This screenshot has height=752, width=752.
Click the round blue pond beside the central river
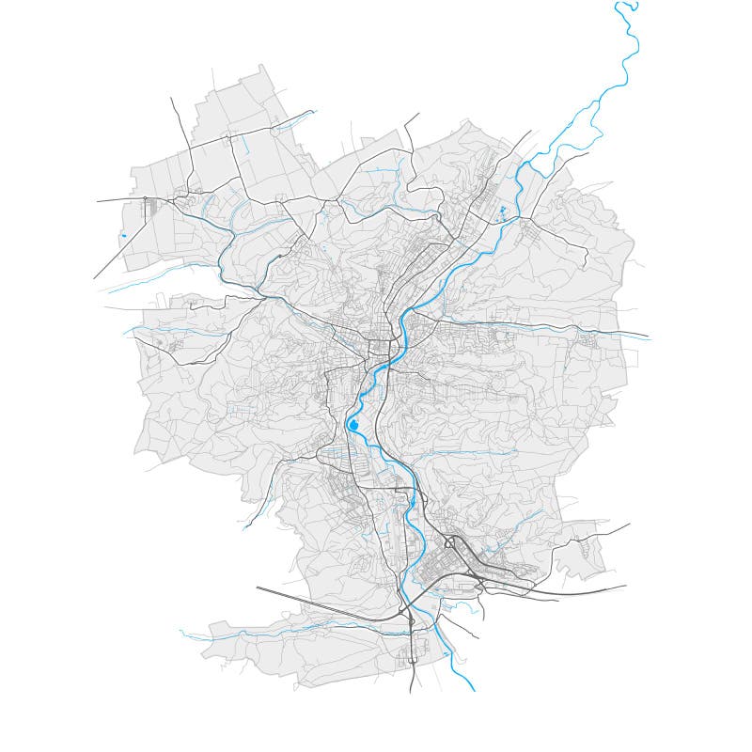coord(353,426)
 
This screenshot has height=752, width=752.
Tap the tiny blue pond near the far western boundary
coord(123,234)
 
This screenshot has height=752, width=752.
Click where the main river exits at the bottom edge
coord(473,691)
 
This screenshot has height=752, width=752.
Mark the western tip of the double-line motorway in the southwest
coord(257,588)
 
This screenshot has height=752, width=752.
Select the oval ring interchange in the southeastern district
coord(450,542)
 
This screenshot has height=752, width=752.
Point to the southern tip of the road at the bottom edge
coord(411,693)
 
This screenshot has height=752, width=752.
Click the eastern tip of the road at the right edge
coord(649,337)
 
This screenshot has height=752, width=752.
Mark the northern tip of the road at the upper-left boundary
coord(171,98)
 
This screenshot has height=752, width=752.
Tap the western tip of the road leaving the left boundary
coord(96,201)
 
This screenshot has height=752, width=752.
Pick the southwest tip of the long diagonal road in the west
coord(94,278)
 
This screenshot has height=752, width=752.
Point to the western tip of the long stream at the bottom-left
coord(180,633)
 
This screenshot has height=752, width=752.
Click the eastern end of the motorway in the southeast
coord(626,586)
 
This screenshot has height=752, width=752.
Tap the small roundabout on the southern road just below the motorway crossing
coord(411,622)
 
